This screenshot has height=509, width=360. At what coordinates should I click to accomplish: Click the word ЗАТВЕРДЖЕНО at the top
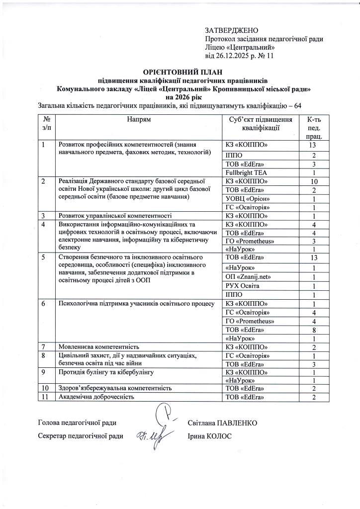[x=232, y=31]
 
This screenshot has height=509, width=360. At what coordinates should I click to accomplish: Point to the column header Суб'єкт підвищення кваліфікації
[x=260, y=124]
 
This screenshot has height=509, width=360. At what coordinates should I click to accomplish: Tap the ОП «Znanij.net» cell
[x=249, y=277]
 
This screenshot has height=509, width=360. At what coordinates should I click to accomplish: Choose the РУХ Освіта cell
[x=242, y=286]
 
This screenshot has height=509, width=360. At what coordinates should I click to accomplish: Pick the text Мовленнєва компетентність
[x=99, y=346]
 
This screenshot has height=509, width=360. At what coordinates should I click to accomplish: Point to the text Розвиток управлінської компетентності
[x=115, y=216]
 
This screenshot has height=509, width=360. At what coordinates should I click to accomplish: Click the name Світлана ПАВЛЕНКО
[x=222, y=423]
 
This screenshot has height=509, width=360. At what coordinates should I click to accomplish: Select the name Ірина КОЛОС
[x=210, y=436]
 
